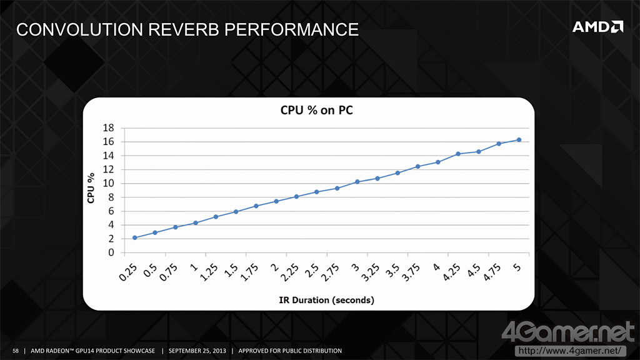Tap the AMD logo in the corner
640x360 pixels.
point(598,27)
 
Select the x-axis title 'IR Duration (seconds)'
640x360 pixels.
point(326,300)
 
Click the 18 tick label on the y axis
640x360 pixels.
point(107,128)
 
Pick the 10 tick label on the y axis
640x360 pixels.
point(107,184)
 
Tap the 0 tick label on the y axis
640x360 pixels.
point(111,253)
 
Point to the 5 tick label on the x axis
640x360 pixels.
point(517,266)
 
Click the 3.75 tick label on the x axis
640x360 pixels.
point(414,271)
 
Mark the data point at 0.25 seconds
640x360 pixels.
point(135,238)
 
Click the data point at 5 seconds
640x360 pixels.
point(519,140)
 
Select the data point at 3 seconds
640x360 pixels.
point(357,182)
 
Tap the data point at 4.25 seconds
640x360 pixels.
point(458,154)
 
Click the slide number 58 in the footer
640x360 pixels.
point(16,351)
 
